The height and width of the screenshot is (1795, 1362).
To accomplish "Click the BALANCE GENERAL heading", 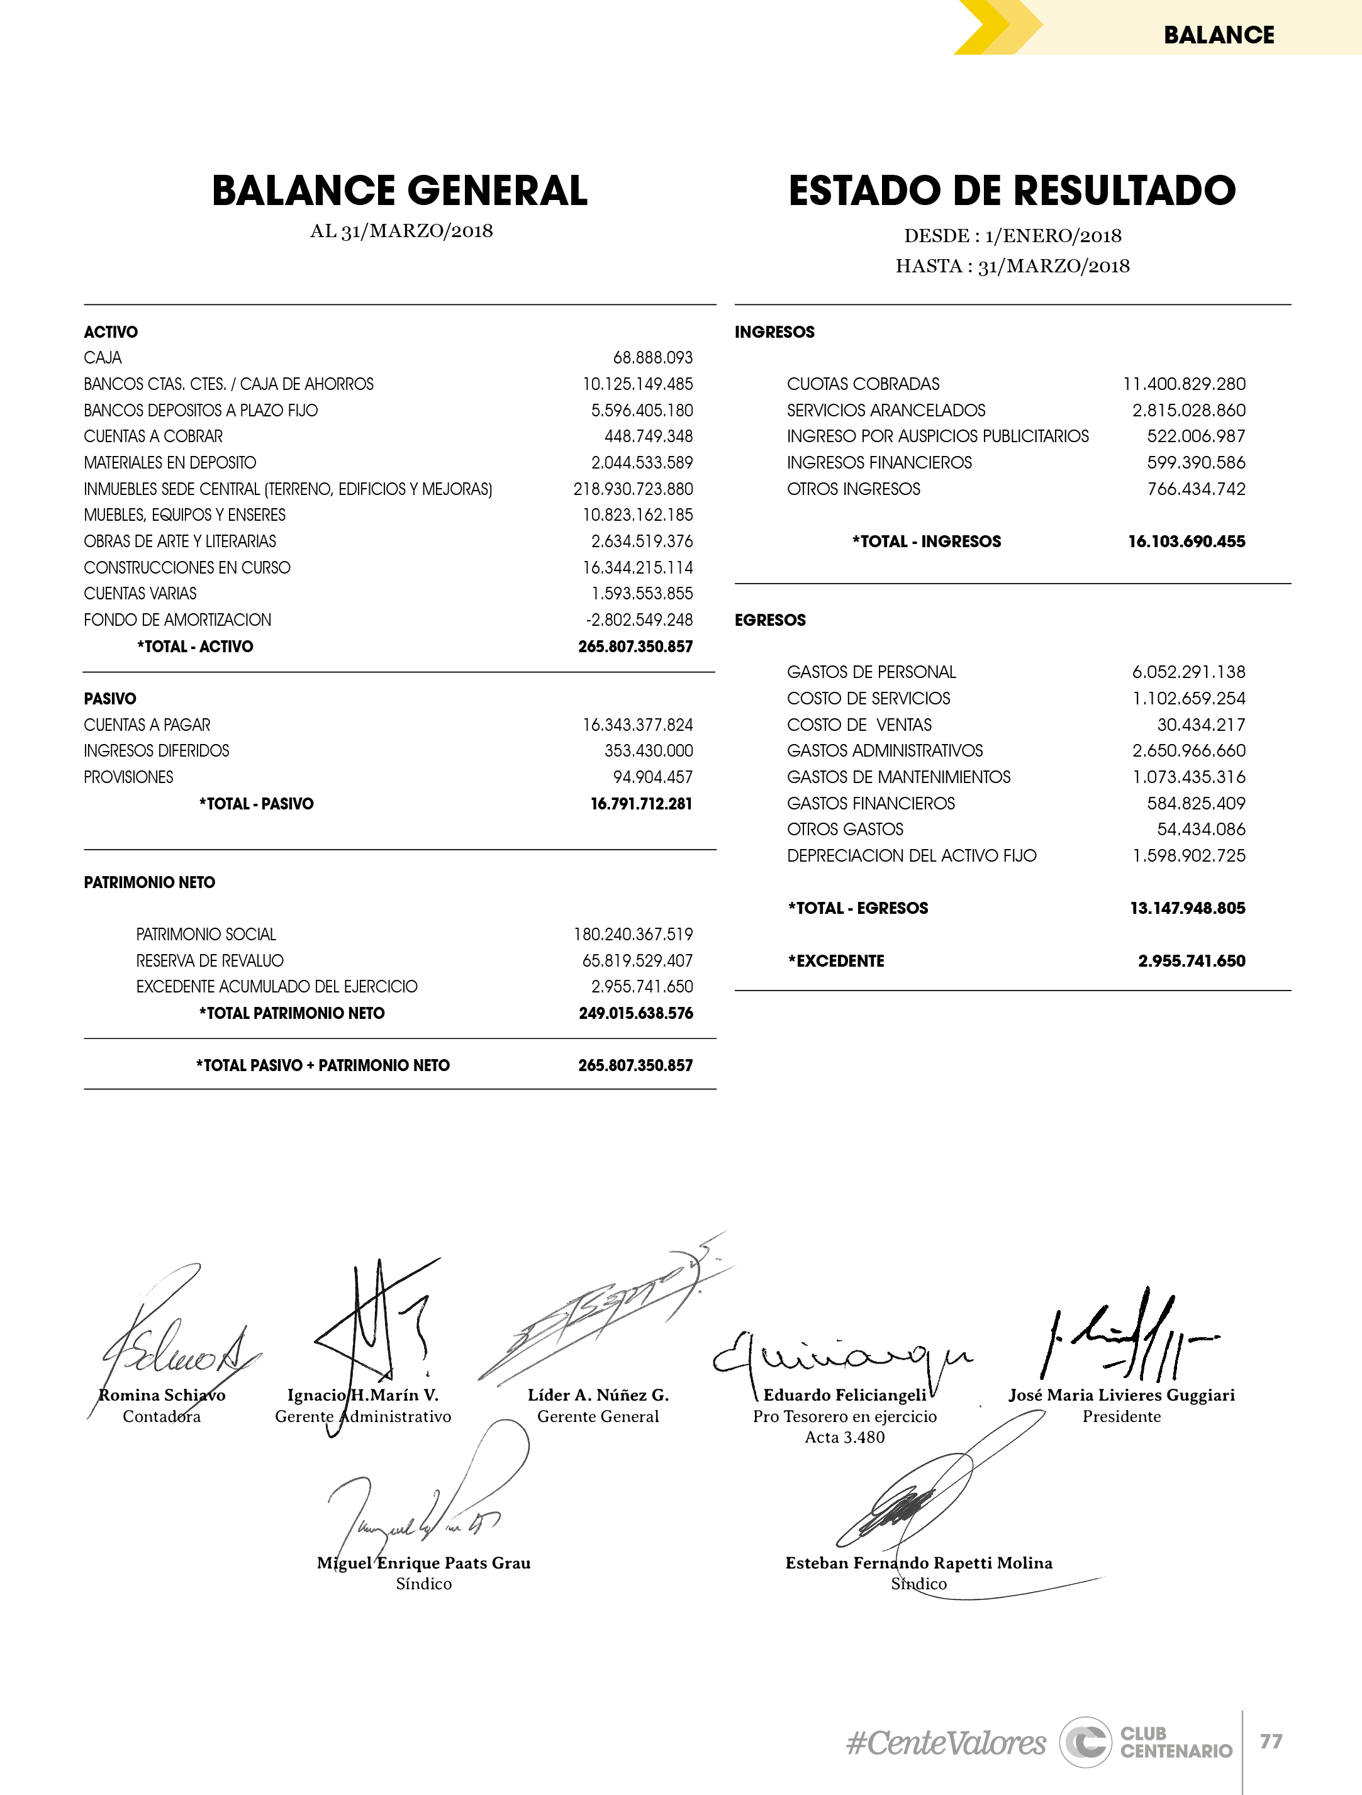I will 399,191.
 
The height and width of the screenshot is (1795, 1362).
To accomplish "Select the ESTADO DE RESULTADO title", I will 1012,191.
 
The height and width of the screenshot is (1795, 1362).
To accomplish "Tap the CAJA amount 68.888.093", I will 652,358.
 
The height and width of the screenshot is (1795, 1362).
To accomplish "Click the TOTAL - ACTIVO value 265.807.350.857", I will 635,647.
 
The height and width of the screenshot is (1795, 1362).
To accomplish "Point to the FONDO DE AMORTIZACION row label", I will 178,620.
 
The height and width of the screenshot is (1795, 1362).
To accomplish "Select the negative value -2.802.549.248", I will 640,620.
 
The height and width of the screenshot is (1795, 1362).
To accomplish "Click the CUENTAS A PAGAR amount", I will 638,725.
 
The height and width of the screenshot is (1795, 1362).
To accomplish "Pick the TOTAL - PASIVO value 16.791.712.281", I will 641,803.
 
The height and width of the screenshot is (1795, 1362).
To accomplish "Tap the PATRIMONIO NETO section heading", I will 149,882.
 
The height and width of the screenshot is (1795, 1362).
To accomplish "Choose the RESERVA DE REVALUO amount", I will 638,961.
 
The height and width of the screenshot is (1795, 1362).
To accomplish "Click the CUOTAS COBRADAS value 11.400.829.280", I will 1184,384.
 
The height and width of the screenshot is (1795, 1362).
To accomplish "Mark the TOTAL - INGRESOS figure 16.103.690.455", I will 1186,542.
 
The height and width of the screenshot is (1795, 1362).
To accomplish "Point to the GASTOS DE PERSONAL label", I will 871,672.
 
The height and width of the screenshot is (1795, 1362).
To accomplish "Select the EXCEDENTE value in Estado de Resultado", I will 1192,961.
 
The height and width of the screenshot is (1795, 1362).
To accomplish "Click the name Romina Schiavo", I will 162,1395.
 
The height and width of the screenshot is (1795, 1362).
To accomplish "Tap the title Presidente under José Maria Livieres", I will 1121,1416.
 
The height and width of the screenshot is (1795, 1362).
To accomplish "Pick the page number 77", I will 1271,1742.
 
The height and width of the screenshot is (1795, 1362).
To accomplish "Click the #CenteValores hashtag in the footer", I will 946,1743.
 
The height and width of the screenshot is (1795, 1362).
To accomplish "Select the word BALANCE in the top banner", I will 1219,35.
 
